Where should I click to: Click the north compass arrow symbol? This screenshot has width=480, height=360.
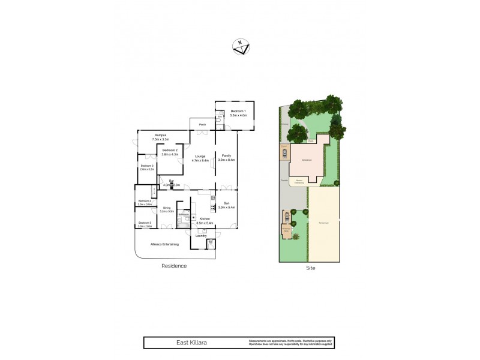pos(240,47)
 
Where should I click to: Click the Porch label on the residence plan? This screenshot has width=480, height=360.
pos(203,125)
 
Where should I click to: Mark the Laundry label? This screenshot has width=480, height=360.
pos(201,236)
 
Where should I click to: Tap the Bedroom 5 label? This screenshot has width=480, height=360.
pos(144,224)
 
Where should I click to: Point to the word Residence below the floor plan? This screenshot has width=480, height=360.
pos(174,266)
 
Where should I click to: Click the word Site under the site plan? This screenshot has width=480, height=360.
pos(310,268)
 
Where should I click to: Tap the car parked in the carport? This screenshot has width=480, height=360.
pos(284,152)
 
